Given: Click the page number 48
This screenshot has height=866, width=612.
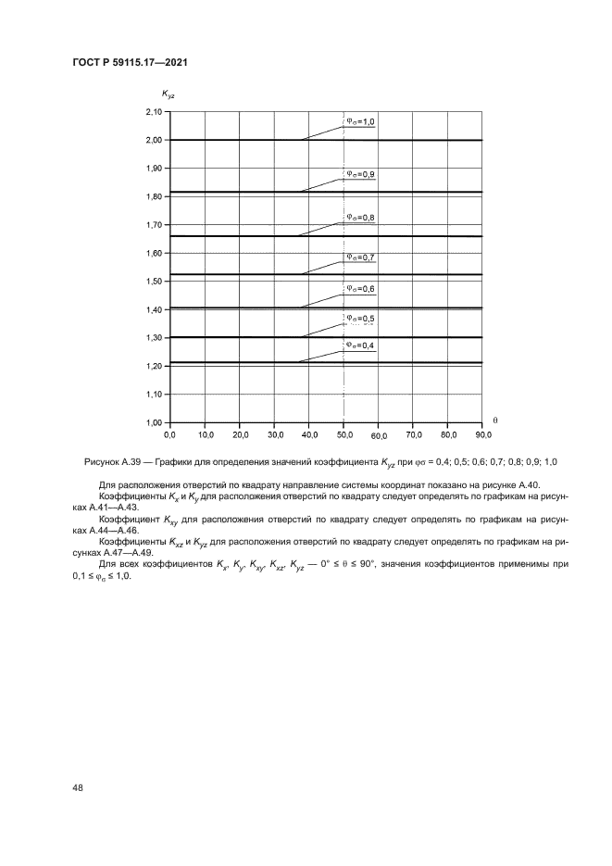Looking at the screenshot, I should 77,788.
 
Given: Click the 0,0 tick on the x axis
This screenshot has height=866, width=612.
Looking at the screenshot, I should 169,433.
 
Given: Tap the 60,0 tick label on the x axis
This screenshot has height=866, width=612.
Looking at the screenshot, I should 379,434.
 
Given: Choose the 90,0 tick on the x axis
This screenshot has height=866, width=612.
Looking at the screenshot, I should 482,433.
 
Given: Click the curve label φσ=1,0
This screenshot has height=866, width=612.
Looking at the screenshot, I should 360,121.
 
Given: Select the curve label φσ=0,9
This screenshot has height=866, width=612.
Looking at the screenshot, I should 360,173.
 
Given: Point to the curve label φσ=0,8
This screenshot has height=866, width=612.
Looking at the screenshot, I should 360,218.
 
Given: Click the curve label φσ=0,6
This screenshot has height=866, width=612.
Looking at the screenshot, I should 360,288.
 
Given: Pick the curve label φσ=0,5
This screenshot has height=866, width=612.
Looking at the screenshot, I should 360,319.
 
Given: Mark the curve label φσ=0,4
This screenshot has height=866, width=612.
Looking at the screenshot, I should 360,345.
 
